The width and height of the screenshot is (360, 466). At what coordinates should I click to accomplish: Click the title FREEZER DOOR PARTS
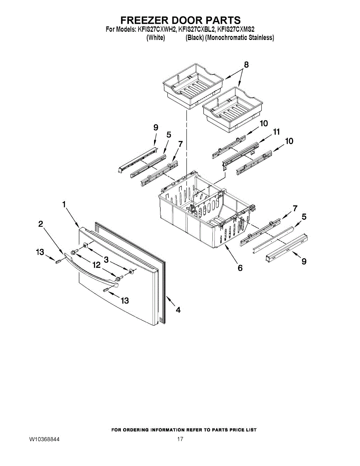[x=180, y=20]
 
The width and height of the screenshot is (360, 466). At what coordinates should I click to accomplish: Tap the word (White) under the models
[x=156, y=38]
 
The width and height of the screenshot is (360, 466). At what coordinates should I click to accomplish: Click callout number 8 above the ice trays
[x=246, y=65]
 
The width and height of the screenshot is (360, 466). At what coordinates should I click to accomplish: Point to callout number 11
[x=276, y=132]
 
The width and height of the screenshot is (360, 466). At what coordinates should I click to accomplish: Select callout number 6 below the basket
[x=240, y=268]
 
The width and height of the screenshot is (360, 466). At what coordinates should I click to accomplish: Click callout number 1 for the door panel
[x=64, y=204]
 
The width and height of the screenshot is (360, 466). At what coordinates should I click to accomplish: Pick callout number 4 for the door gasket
[x=178, y=310]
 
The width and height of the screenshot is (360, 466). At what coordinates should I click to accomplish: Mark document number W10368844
[x=44, y=440]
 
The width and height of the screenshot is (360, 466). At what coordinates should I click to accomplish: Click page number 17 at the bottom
[x=180, y=440]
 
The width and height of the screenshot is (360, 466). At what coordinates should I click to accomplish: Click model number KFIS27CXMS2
[x=236, y=29]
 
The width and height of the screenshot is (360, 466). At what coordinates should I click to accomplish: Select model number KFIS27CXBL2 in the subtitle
[x=196, y=29]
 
